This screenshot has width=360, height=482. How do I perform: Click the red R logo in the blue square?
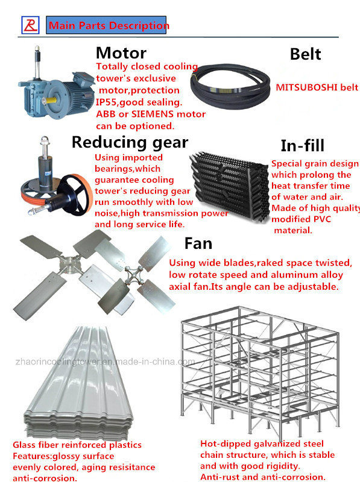30,25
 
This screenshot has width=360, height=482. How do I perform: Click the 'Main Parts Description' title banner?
107,25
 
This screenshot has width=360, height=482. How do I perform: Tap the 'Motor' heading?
121,53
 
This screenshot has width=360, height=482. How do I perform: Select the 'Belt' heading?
305,54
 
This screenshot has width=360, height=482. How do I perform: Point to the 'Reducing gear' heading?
130,143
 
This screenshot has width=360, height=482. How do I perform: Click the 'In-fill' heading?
303,145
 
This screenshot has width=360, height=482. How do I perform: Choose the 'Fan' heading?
198,243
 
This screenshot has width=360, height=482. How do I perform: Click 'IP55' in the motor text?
106,102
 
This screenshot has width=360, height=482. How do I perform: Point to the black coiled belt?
230,86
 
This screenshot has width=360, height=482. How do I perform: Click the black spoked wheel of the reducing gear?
75,195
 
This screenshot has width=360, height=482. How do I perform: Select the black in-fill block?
229,186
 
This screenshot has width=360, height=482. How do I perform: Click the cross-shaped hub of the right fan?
133,275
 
